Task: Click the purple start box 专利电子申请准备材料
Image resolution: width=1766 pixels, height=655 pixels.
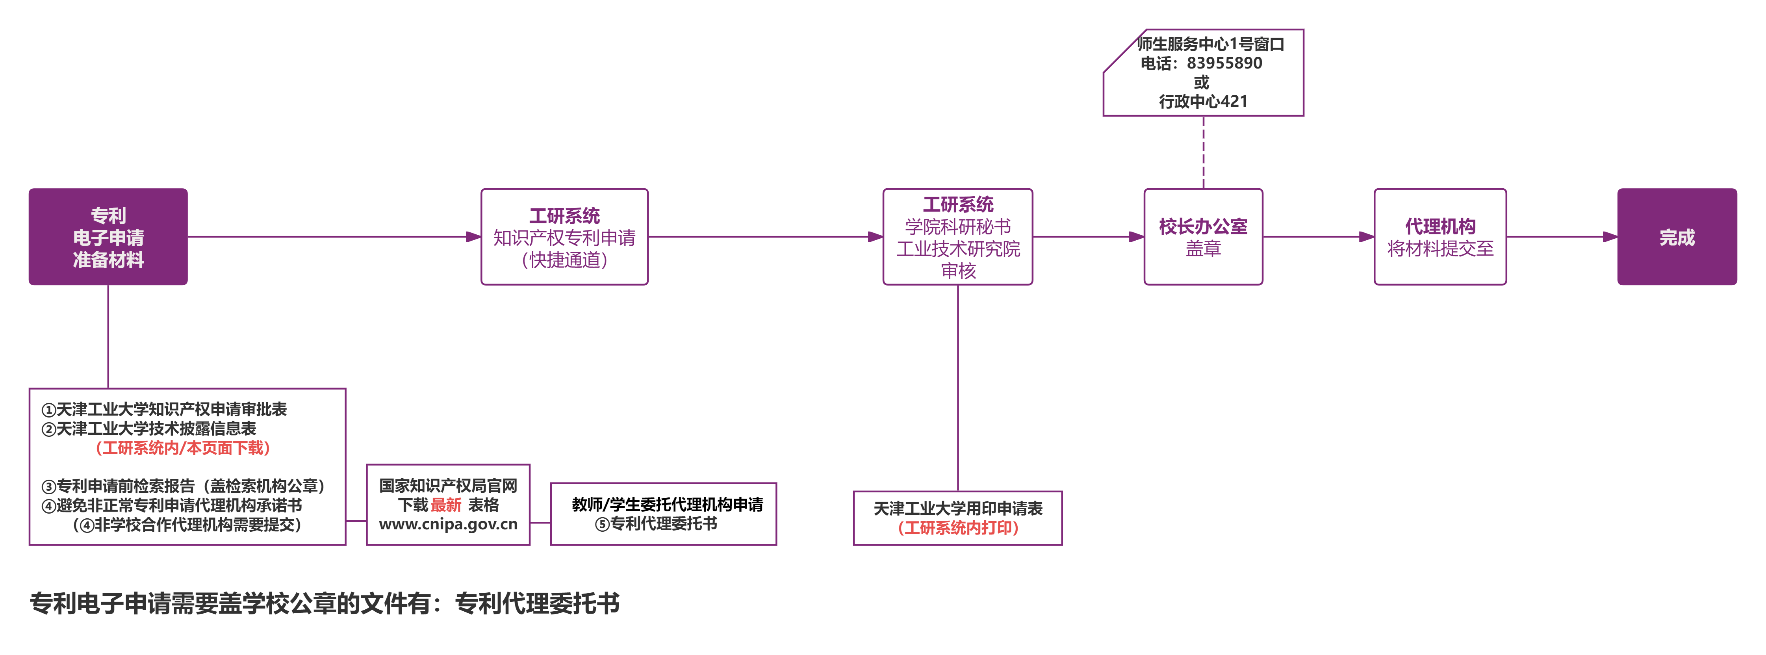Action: pos(108,237)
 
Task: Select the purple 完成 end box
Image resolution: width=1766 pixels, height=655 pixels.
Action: pos(1677,237)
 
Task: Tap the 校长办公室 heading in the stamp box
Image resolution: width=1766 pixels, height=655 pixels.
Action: pos(1203,226)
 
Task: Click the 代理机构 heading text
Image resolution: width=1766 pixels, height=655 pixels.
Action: pos(1440,226)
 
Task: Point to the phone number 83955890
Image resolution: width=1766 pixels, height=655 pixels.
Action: pos(1224,63)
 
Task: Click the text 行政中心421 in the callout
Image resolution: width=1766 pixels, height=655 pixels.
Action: pos(1203,102)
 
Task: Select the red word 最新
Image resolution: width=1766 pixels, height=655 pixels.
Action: pos(446,505)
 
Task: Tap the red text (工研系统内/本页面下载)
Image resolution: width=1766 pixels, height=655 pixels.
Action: pos(183,448)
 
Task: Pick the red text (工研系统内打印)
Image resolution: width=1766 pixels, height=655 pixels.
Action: pos(958,527)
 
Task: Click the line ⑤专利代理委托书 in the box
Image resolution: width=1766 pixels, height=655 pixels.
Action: pos(656,524)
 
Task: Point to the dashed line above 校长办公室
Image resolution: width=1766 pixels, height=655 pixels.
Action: pos(1203,152)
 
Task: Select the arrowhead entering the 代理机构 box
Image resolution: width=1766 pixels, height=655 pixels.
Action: pos(1366,237)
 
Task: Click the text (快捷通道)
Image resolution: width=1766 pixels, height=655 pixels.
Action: pos(564,260)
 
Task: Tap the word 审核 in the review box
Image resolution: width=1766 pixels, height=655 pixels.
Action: pos(958,271)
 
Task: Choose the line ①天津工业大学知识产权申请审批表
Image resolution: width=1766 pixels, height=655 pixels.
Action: pos(165,410)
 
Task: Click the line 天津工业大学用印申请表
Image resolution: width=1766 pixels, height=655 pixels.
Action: pos(958,508)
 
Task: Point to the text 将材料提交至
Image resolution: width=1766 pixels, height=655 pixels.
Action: pos(1440,248)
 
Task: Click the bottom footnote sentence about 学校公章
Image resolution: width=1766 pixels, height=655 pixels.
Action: pos(324,603)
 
